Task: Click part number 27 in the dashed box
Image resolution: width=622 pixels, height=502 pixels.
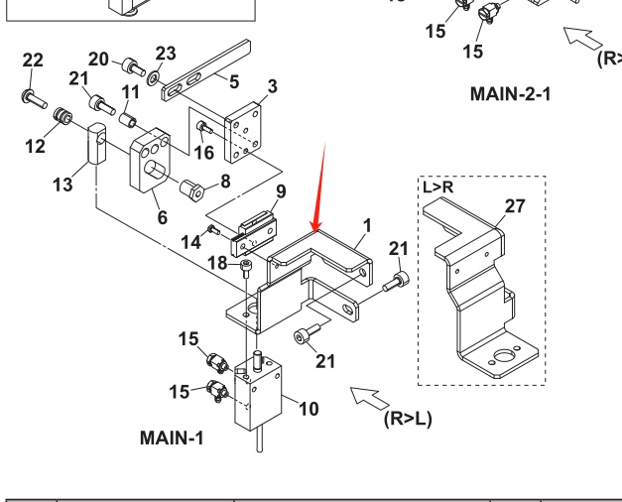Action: click(x=515, y=206)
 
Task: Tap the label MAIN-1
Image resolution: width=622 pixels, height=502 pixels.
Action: click(x=172, y=437)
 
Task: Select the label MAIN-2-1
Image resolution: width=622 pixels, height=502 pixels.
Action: click(x=510, y=95)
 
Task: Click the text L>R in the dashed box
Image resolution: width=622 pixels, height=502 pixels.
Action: click(x=438, y=187)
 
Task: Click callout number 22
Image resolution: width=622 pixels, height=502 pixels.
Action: click(x=33, y=61)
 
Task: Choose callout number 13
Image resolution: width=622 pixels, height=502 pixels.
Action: click(x=62, y=186)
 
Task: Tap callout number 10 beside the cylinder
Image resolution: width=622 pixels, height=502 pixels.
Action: click(x=309, y=408)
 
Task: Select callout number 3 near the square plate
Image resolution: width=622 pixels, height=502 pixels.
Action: click(x=272, y=86)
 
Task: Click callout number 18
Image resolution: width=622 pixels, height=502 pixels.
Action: click(x=218, y=262)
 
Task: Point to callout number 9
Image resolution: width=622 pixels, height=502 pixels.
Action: click(x=281, y=190)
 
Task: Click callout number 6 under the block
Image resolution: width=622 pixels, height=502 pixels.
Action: click(x=163, y=217)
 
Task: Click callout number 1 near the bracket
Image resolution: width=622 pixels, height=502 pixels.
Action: click(x=366, y=225)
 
